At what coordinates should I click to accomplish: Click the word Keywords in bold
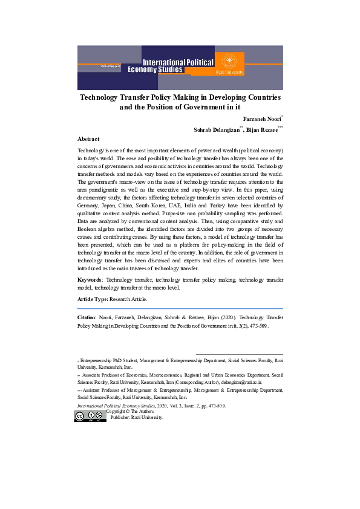coord(89,280)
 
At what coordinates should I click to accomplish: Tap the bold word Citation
coord(87,317)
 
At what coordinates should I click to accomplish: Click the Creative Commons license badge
coord(90,416)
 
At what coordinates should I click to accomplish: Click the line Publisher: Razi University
coord(137,417)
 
